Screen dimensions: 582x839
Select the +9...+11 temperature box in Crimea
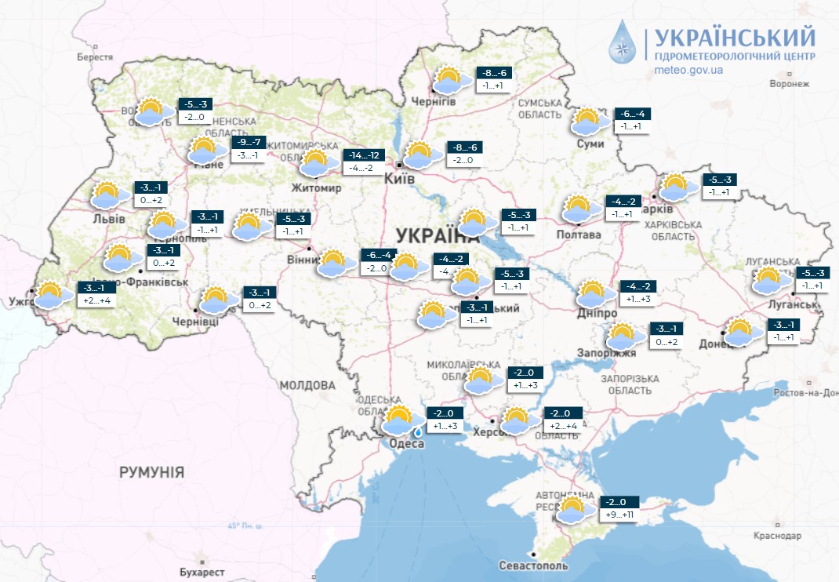(x=620, y=515)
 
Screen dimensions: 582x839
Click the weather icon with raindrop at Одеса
(x=401, y=421)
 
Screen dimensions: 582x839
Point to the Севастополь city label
(x=533, y=566)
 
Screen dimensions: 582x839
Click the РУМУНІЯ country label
(x=151, y=472)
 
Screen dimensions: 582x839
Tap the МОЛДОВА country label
(x=307, y=386)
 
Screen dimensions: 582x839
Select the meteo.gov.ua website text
(x=688, y=70)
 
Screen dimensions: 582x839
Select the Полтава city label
(x=578, y=235)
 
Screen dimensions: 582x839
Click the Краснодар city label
(x=779, y=536)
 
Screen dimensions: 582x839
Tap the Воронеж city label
(x=789, y=83)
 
